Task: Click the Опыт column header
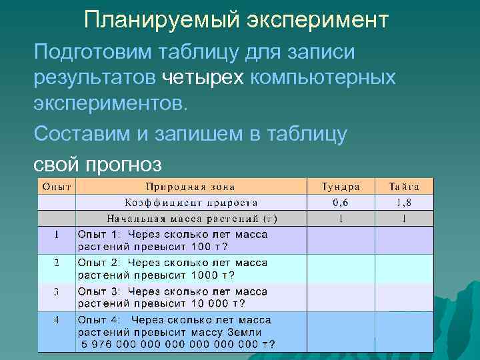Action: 57,187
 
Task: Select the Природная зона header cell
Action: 191,187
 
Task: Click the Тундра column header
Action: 340,187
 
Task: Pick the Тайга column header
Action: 404,187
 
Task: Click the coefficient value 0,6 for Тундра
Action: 340,203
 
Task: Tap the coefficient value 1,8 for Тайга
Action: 404,203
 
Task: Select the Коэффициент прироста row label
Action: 191,203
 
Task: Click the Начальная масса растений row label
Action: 192,218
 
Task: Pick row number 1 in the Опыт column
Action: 57,235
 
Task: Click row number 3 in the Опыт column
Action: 57,291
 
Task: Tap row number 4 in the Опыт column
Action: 57,320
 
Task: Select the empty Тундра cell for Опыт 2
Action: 340,268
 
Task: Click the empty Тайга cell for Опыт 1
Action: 404,240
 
